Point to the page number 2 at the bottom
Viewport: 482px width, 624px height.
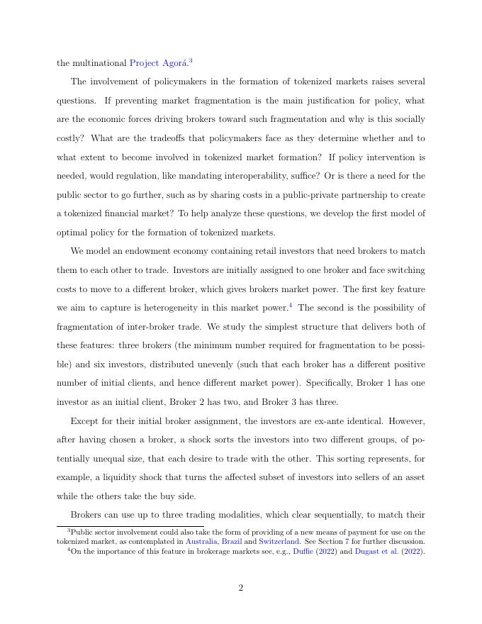point(241,587)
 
